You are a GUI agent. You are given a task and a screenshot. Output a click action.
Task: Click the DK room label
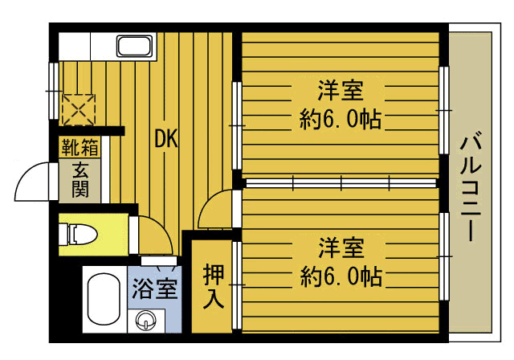pos(166,139)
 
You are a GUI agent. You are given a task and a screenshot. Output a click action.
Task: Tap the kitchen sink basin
pos(134,47)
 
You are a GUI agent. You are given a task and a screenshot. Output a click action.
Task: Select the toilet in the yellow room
pos(79,234)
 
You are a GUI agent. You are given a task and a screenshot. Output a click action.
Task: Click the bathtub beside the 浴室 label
pos(104,300)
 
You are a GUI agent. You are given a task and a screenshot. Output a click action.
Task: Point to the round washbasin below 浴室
pos(145,319)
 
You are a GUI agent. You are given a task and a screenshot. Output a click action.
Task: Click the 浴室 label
pos(155,288)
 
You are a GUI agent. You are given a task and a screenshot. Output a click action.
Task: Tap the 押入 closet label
pos(214,286)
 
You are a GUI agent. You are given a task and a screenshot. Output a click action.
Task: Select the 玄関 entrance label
pos(80,180)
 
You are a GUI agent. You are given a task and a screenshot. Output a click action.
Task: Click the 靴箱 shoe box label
pos(80,147)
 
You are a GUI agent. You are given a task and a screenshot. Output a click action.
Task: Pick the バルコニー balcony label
pos(471,186)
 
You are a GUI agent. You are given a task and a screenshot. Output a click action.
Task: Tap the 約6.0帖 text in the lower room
pos(341,276)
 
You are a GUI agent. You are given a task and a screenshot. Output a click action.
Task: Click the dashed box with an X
pos(79,109)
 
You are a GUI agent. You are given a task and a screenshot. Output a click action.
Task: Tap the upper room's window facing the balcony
pos(443,110)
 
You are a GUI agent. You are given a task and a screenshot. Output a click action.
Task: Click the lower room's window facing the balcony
pos(443,256)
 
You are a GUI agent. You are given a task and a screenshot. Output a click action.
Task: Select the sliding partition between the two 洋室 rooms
pos(341,183)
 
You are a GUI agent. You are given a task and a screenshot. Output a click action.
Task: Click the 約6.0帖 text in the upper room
pos(340,120)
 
